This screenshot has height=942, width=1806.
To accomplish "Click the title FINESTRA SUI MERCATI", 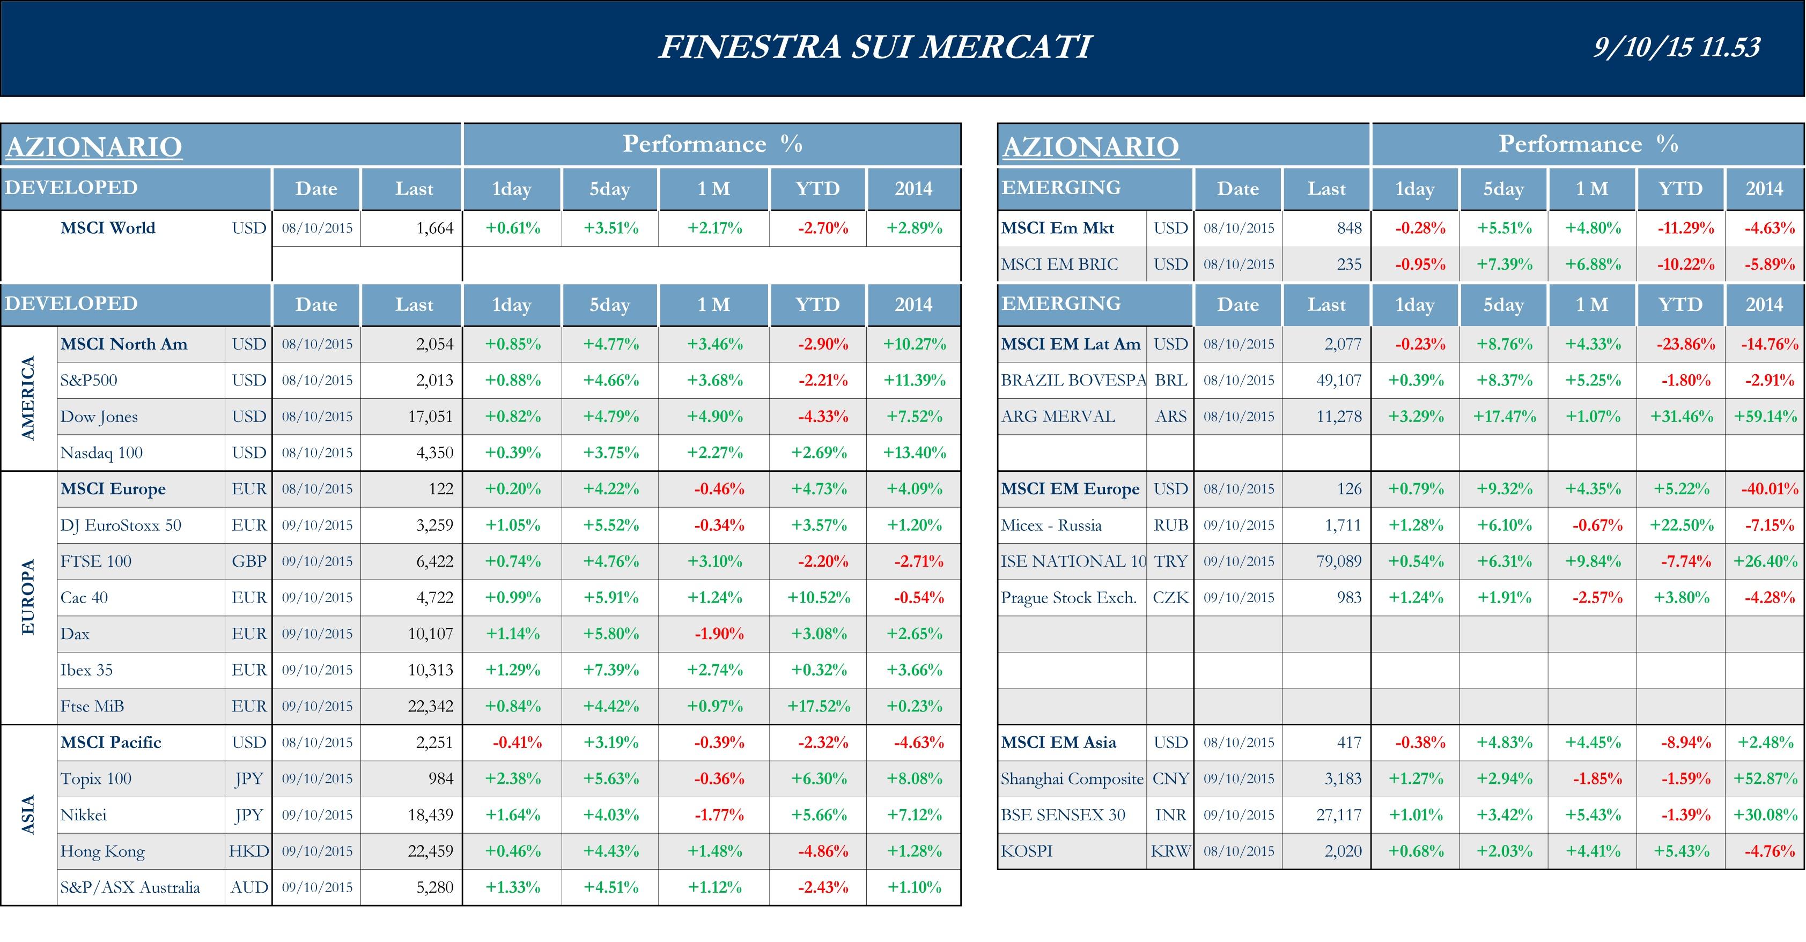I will pos(874,47).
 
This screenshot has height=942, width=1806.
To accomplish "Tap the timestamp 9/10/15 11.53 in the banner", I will pos(1676,47).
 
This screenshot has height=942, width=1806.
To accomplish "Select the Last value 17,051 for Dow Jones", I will pos(431,417).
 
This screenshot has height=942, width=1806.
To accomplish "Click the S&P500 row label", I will pos(89,381).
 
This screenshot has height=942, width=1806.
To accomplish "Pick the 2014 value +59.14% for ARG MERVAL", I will pos(1765,417).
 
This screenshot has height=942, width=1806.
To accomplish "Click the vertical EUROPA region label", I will pos(28,597).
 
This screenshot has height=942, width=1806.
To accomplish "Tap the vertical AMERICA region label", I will pos(28,398).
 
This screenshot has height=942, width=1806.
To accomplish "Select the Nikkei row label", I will pos(84,815).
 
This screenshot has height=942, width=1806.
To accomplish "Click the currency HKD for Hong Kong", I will pos(249,851).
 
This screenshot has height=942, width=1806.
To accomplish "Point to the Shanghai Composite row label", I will pos(1072,778).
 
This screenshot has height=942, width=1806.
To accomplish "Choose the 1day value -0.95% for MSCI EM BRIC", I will pos(1420,265).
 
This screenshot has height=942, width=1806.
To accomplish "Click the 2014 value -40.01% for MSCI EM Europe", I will pos(1770,489).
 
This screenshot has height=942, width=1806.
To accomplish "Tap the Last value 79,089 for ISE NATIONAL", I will pos(1338,561).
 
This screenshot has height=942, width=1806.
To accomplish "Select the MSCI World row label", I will pos(108,228).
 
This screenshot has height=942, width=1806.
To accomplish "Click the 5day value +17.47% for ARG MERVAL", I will pos(1504,417).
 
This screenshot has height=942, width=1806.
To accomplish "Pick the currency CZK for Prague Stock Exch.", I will pos(1170,598).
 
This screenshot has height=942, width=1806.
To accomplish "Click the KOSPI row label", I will pos(1027,851).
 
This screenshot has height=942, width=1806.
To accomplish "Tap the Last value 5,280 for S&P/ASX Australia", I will pos(434,887).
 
